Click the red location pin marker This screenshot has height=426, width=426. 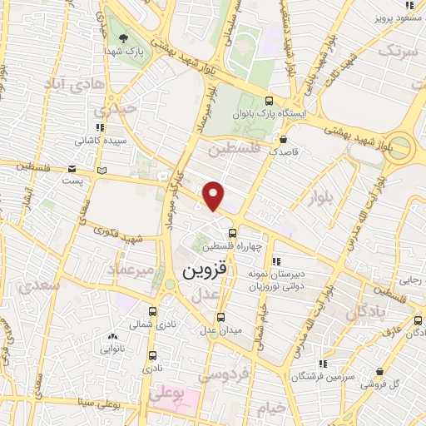click(214, 195)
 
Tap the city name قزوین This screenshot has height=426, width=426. click(204, 272)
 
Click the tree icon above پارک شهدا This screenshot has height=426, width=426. click(124, 38)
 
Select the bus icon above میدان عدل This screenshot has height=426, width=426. click(220, 316)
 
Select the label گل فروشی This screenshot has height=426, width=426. click(397, 384)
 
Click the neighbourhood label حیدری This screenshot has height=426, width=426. click(111, 109)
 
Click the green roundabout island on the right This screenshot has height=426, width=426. click(401, 148)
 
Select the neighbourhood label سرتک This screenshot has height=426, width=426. click(396, 51)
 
